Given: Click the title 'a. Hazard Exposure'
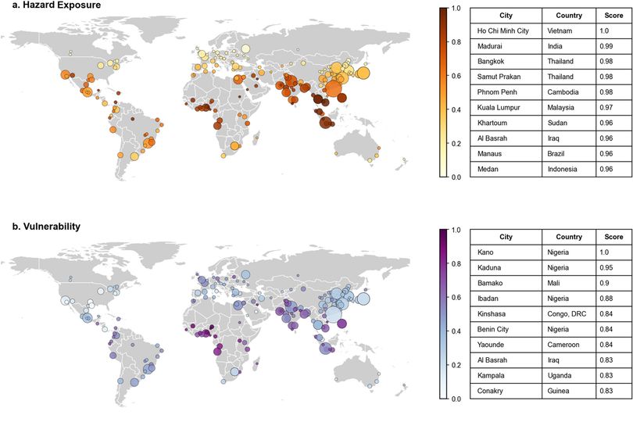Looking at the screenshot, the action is coord(56,5).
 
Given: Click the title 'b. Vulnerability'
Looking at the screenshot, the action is coord(46,227).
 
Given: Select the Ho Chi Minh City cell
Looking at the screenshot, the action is coord(506,30).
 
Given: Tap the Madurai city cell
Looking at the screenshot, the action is coord(506,46).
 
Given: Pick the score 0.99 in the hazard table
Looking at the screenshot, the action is coord(613,46).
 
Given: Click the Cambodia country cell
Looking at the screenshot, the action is coord(569,92).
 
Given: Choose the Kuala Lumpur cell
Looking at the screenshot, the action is coord(506,107).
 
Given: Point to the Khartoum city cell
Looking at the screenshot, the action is coord(506,123).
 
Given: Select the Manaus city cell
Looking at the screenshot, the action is coord(506,153).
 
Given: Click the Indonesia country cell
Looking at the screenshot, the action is coord(569,170).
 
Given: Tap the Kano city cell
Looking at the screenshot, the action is coord(506,252).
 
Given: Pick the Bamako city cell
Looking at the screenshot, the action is coord(506,283).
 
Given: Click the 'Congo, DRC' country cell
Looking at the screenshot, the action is coord(569,314).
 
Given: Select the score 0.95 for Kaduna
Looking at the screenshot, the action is coord(613,268).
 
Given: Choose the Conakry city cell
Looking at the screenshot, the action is coord(506,391).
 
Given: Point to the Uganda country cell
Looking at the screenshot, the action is coord(569,375).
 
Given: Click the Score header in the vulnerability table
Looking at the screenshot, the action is coord(613,237).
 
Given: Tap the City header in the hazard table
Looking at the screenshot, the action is coord(506,16).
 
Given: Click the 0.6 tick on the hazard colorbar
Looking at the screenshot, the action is coord(456,76).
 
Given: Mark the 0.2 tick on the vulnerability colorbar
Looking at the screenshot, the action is coord(456,365).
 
